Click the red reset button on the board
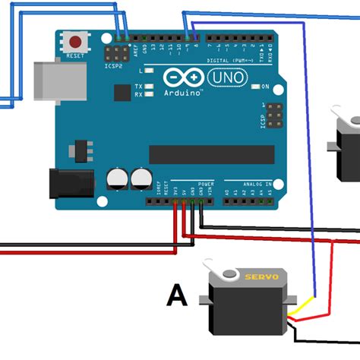point(76,42)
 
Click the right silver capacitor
point(141,179)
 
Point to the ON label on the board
point(265,87)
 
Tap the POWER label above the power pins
point(206,185)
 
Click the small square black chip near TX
point(122,93)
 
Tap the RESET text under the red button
point(76,56)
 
